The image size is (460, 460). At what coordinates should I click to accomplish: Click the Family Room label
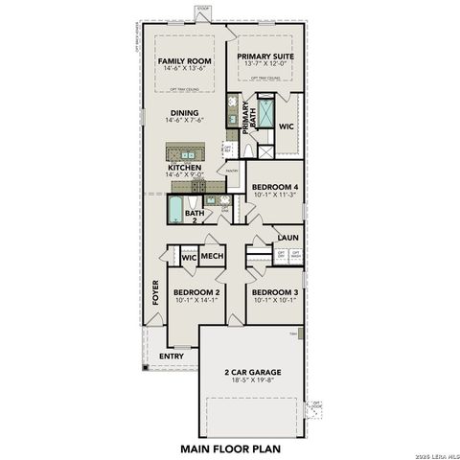(x=184, y=60)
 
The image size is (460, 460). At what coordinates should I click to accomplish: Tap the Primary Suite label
(x=264, y=57)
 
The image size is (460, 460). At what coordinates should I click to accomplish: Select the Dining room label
(x=184, y=112)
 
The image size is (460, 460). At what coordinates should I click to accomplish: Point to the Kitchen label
(x=184, y=168)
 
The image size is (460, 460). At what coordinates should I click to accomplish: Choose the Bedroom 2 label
(x=197, y=291)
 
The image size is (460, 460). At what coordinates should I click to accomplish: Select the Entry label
(x=172, y=356)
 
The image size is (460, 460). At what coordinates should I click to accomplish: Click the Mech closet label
(x=212, y=256)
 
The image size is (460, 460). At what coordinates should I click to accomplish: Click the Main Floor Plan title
(x=229, y=447)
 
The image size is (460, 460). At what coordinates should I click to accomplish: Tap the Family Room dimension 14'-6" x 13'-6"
(x=184, y=69)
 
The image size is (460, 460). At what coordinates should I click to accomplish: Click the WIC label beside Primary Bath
(x=286, y=126)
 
